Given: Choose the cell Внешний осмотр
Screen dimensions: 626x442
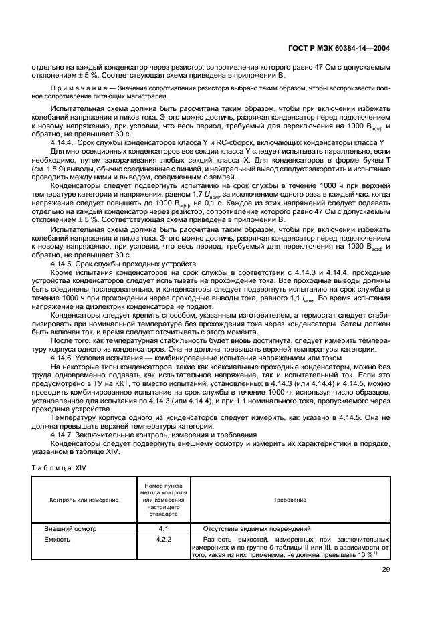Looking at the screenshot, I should click(x=70, y=528).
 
